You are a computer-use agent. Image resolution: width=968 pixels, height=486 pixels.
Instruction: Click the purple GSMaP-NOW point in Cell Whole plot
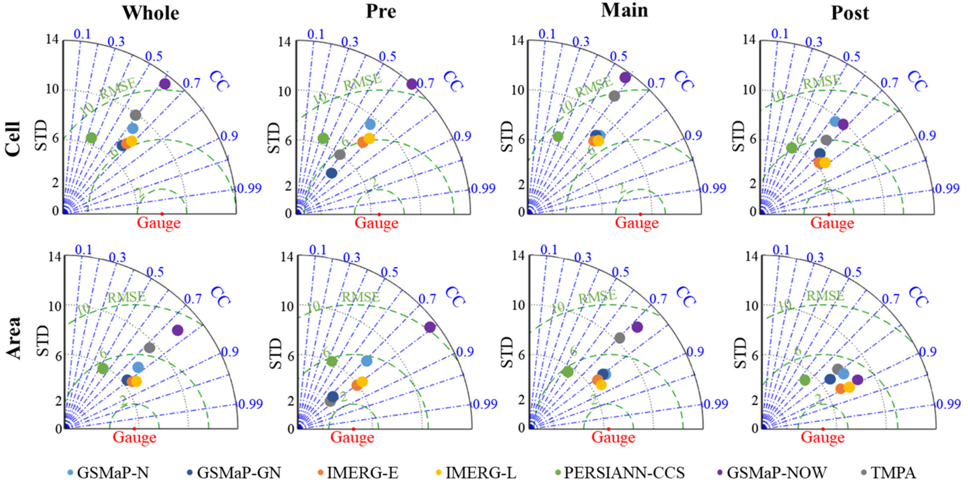[165, 84]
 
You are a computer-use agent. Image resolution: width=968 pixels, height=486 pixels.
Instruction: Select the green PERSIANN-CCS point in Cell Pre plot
[323, 138]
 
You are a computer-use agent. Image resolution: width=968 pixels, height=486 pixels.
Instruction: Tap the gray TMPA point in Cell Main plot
[614, 96]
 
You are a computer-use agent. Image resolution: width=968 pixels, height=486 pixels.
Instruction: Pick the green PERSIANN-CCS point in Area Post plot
[804, 380]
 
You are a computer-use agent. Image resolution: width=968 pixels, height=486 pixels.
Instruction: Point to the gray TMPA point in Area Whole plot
[149, 348]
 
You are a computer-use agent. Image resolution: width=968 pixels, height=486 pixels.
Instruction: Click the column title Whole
[151, 13]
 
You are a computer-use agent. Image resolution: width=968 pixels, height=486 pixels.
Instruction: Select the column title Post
[850, 13]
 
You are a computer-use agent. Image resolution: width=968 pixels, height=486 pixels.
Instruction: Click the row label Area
[13, 338]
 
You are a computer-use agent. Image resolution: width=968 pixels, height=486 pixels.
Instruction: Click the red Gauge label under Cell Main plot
[637, 223]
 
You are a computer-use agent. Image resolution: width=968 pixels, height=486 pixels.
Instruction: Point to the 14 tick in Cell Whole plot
[52, 39]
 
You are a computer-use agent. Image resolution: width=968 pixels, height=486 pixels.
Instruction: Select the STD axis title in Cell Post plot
[738, 136]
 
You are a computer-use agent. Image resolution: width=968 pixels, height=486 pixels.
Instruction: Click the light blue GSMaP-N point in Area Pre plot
[366, 361]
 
